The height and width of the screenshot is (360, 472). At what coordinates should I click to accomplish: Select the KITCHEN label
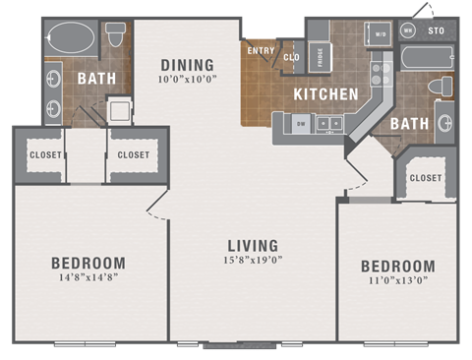coord(324,94)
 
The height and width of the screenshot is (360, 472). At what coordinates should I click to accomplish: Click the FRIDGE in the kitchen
coord(320,56)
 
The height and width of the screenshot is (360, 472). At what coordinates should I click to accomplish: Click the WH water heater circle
coord(408,31)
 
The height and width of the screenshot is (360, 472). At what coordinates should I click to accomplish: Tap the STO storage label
coord(437,31)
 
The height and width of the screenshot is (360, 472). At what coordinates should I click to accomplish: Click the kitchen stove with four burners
coord(380,72)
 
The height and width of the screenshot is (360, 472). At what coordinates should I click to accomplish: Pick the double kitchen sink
coord(329,124)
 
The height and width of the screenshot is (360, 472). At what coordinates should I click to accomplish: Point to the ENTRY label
coord(261,51)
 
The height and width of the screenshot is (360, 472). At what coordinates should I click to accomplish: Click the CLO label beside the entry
coord(291,57)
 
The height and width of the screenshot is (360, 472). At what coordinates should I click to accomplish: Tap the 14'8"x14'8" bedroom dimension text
coord(88,279)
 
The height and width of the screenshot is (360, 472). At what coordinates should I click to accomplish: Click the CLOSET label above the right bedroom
coord(425,178)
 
